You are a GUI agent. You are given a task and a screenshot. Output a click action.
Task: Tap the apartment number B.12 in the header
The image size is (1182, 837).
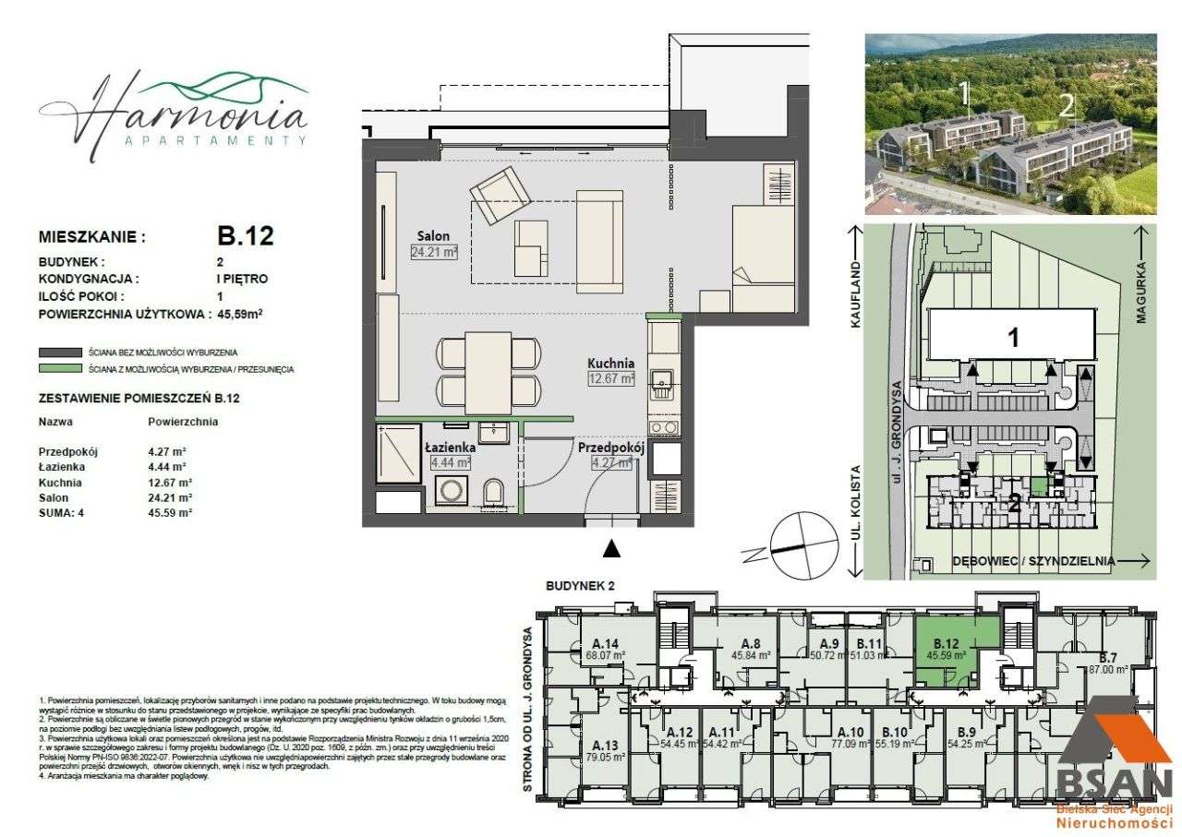pyautogui.click(x=238, y=236)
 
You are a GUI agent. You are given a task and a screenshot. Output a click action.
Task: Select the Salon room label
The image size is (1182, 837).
pyautogui.click(x=432, y=234)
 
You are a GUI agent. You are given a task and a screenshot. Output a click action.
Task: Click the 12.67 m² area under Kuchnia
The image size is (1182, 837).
pyautogui.click(x=611, y=377)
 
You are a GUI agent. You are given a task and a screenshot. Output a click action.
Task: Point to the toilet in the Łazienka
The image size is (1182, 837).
pyautogui.click(x=493, y=492)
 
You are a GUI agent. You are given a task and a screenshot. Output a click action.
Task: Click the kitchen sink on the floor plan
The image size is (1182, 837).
pyautogui.click(x=661, y=379)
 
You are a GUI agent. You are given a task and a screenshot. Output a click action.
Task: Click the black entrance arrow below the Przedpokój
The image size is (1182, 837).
pyautogui.click(x=610, y=549)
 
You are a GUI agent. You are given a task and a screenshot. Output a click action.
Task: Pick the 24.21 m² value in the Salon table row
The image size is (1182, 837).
pyautogui.click(x=170, y=497)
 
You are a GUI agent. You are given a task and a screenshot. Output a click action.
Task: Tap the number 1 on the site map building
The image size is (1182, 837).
pyautogui.click(x=1013, y=338)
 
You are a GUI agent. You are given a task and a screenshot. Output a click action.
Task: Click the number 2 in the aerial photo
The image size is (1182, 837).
pyautogui.click(x=1067, y=105)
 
